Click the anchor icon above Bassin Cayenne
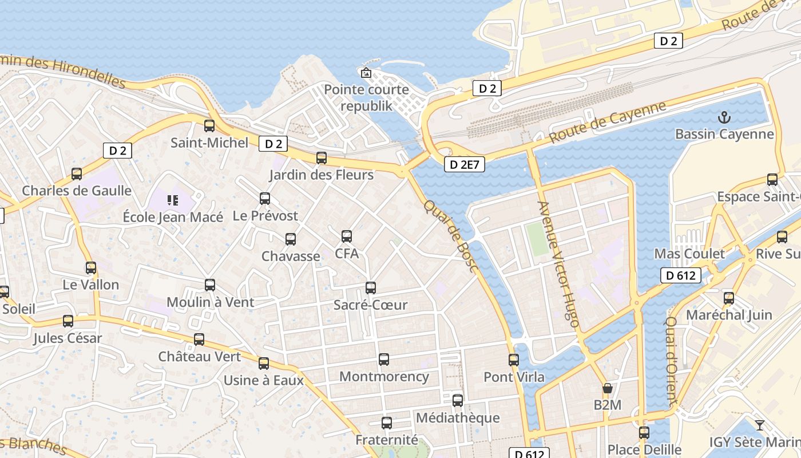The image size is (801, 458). click(x=724, y=118)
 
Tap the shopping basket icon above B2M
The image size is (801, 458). click(x=608, y=389)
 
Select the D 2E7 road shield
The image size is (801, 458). click(x=465, y=165)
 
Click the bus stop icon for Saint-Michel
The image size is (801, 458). click(x=209, y=126)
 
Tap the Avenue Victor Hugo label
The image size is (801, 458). click(x=558, y=264)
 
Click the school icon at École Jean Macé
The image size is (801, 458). click(x=173, y=200)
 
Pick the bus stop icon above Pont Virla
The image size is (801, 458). click(x=514, y=360)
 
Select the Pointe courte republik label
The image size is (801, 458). click(x=367, y=98)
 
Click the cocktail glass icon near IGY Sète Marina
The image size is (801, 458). click(x=759, y=425)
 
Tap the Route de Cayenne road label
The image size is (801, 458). click(x=608, y=123)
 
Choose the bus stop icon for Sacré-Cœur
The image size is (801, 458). click(x=371, y=288)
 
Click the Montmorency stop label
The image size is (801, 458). click(x=384, y=377)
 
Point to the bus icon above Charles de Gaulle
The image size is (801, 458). click(x=77, y=174)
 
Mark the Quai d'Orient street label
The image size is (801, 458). click(x=671, y=361)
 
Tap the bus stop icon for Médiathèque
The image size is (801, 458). click(x=458, y=401)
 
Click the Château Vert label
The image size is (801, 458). click(x=200, y=356)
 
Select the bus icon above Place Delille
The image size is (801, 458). click(x=644, y=433)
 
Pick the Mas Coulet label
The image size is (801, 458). click(x=689, y=254)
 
